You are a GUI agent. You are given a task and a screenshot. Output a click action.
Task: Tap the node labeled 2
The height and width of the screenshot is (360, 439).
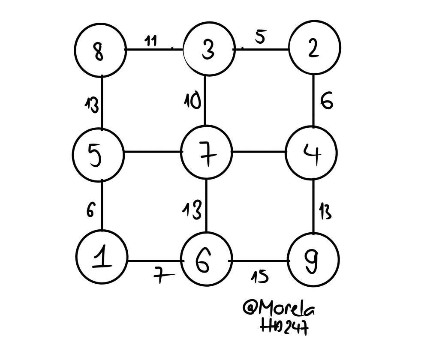(314, 48)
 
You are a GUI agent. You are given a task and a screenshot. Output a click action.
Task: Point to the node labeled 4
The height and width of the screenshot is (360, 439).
(312, 153)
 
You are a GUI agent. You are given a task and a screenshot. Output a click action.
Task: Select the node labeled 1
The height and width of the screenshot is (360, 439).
(102, 258)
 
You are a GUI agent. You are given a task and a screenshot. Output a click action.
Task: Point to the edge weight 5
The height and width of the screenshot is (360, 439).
(260, 37)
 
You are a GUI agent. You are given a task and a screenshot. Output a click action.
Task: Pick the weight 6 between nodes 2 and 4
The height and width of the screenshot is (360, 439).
(327, 102)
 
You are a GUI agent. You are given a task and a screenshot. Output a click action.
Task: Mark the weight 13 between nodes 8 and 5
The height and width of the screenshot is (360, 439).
(91, 104)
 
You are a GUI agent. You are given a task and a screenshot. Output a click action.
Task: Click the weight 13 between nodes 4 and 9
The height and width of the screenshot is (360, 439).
(325, 212)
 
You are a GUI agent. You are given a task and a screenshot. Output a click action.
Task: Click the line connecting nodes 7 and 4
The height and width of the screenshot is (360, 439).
(259, 151)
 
